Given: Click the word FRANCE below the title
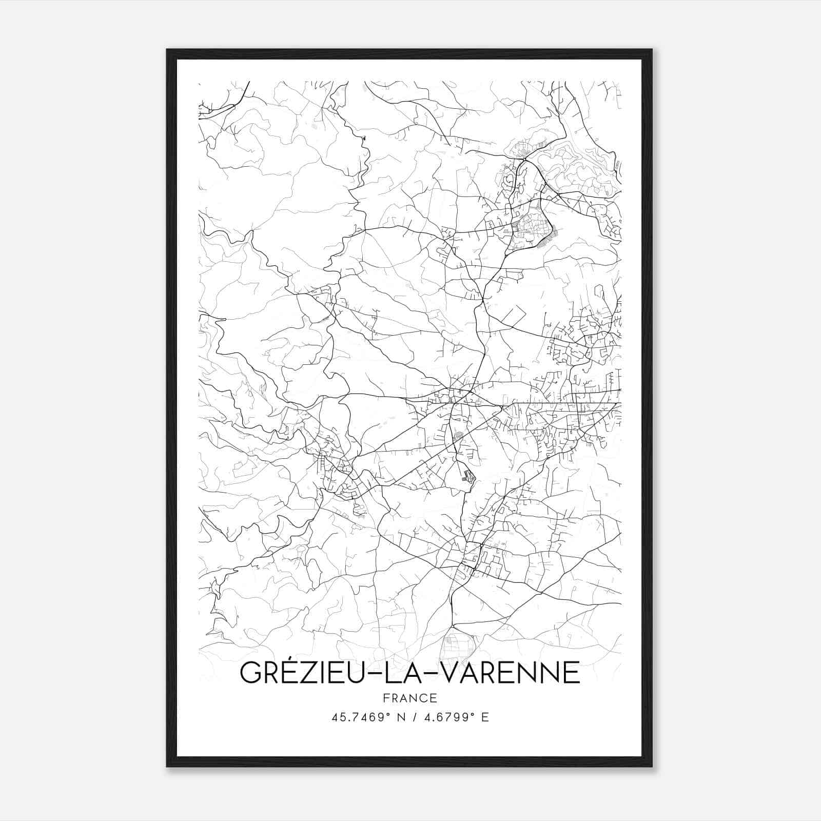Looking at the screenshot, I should (410, 698).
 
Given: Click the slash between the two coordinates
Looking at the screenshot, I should (415, 717).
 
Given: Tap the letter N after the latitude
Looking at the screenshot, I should (402, 717).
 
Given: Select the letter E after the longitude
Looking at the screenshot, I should (485, 717).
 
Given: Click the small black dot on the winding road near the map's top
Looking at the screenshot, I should (364, 138).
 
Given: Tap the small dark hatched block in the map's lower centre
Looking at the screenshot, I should (467, 477).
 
